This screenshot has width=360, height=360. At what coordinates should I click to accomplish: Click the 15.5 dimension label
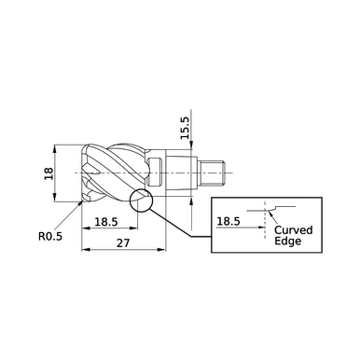coord(185,129)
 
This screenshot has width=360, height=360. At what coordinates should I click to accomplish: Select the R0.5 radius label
coord(50,237)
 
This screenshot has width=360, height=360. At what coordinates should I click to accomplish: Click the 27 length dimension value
coord(123,242)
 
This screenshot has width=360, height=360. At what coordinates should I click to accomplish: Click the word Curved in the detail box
coord(293,228)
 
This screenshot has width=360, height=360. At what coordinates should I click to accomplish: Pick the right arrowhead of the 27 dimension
coord(163,250)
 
